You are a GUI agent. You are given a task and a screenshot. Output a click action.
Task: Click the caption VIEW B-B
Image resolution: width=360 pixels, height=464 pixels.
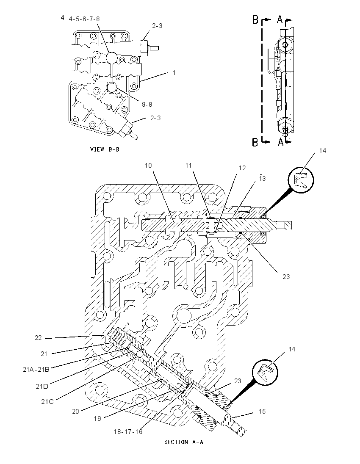pos(105,149)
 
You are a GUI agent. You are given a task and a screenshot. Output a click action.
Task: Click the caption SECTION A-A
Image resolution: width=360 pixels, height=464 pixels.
pos(183,442)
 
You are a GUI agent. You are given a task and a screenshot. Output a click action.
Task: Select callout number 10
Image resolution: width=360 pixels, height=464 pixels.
pos(148,166)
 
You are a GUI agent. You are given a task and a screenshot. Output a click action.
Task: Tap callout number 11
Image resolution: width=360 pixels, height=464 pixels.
pos(188,166)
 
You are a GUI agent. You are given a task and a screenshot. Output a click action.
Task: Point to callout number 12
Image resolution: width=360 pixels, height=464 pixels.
pos(242,168)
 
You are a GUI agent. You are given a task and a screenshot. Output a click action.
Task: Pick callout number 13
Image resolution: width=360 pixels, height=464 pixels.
pos(262,178)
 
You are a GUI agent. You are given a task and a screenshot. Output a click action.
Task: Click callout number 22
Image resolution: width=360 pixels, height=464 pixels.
pos(38,338)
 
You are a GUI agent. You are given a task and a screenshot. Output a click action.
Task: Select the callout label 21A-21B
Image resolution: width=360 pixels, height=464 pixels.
pos(36,369)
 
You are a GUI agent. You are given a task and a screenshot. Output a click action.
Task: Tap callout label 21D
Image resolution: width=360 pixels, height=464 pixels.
pos(42,386)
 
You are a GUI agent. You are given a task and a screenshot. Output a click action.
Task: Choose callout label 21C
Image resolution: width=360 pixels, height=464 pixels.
pos(47,402)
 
